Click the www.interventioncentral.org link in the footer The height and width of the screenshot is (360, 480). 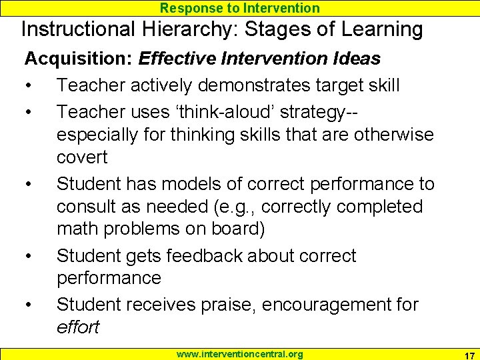coord(239,354)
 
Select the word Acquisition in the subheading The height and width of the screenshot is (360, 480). coord(77,59)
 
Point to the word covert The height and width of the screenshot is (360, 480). coord(82,157)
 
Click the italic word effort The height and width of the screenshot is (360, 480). coord(77,327)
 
